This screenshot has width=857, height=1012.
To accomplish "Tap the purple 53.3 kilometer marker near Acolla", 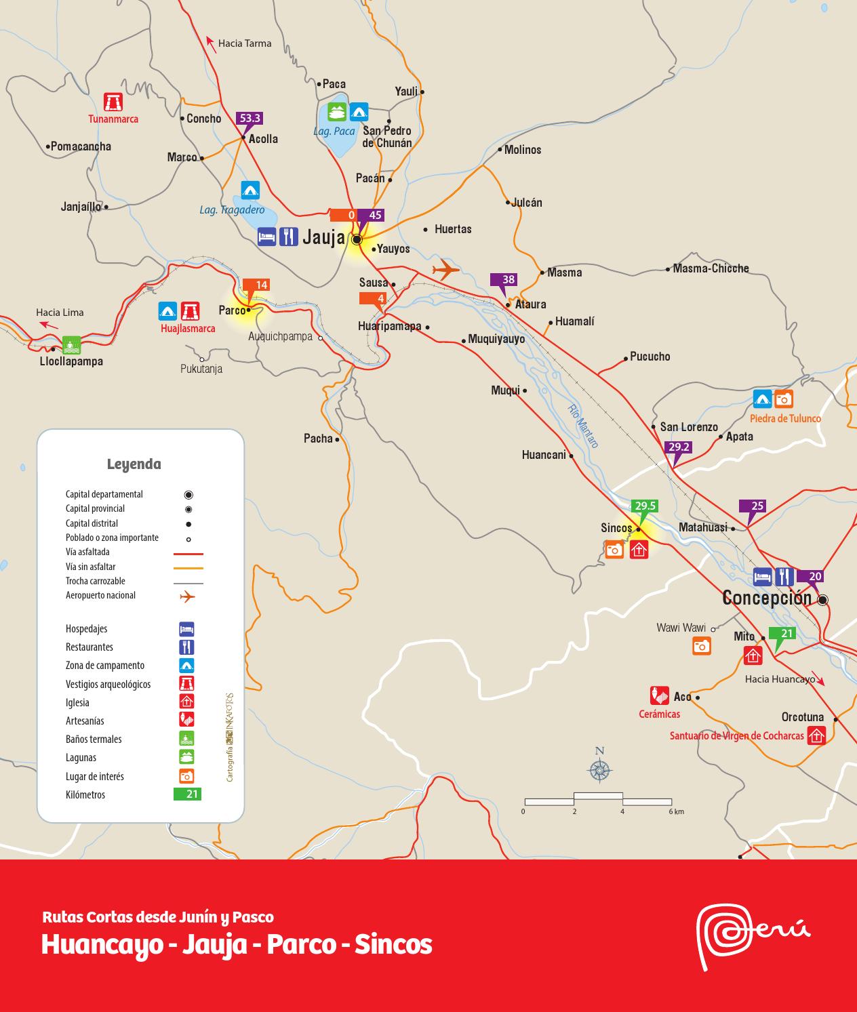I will pyautogui.click(x=250, y=118).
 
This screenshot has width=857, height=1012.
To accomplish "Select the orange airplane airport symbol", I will pyautogui.click(x=445, y=269).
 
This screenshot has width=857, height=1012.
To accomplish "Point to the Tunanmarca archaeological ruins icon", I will pyautogui.click(x=113, y=102).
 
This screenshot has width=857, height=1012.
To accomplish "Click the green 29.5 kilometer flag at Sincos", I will pyautogui.click(x=644, y=506).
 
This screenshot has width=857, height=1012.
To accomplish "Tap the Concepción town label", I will pyautogui.click(x=767, y=598).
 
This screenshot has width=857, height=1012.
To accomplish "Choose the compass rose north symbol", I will pyautogui.click(x=599, y=770).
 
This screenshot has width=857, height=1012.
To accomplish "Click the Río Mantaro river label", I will pyautogui.click(x=583, y=426).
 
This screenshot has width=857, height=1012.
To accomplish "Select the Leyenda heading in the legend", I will pyautogui.click(x=134, y=464).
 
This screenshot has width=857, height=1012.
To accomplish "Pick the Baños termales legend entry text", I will pyautogui.click(x=94, y=740).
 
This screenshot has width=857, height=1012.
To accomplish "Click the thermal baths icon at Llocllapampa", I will pyautogui.click(x=71, y=344).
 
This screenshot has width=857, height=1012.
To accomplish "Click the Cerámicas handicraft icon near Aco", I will pyautogui.click(x=659, y=695).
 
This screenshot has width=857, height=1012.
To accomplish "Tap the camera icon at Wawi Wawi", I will pyautogui.click(x=702, y=646).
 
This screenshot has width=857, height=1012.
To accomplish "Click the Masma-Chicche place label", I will pyautogui.click(x=711, y=268).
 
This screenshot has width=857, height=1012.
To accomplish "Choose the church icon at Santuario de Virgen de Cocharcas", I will pyautogui.click(x=816, y=735).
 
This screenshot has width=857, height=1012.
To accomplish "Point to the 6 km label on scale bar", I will pyautogui.click(x=675, y=811).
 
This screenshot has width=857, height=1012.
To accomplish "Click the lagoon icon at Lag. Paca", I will pyautogui.click(x=337, y=111).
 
